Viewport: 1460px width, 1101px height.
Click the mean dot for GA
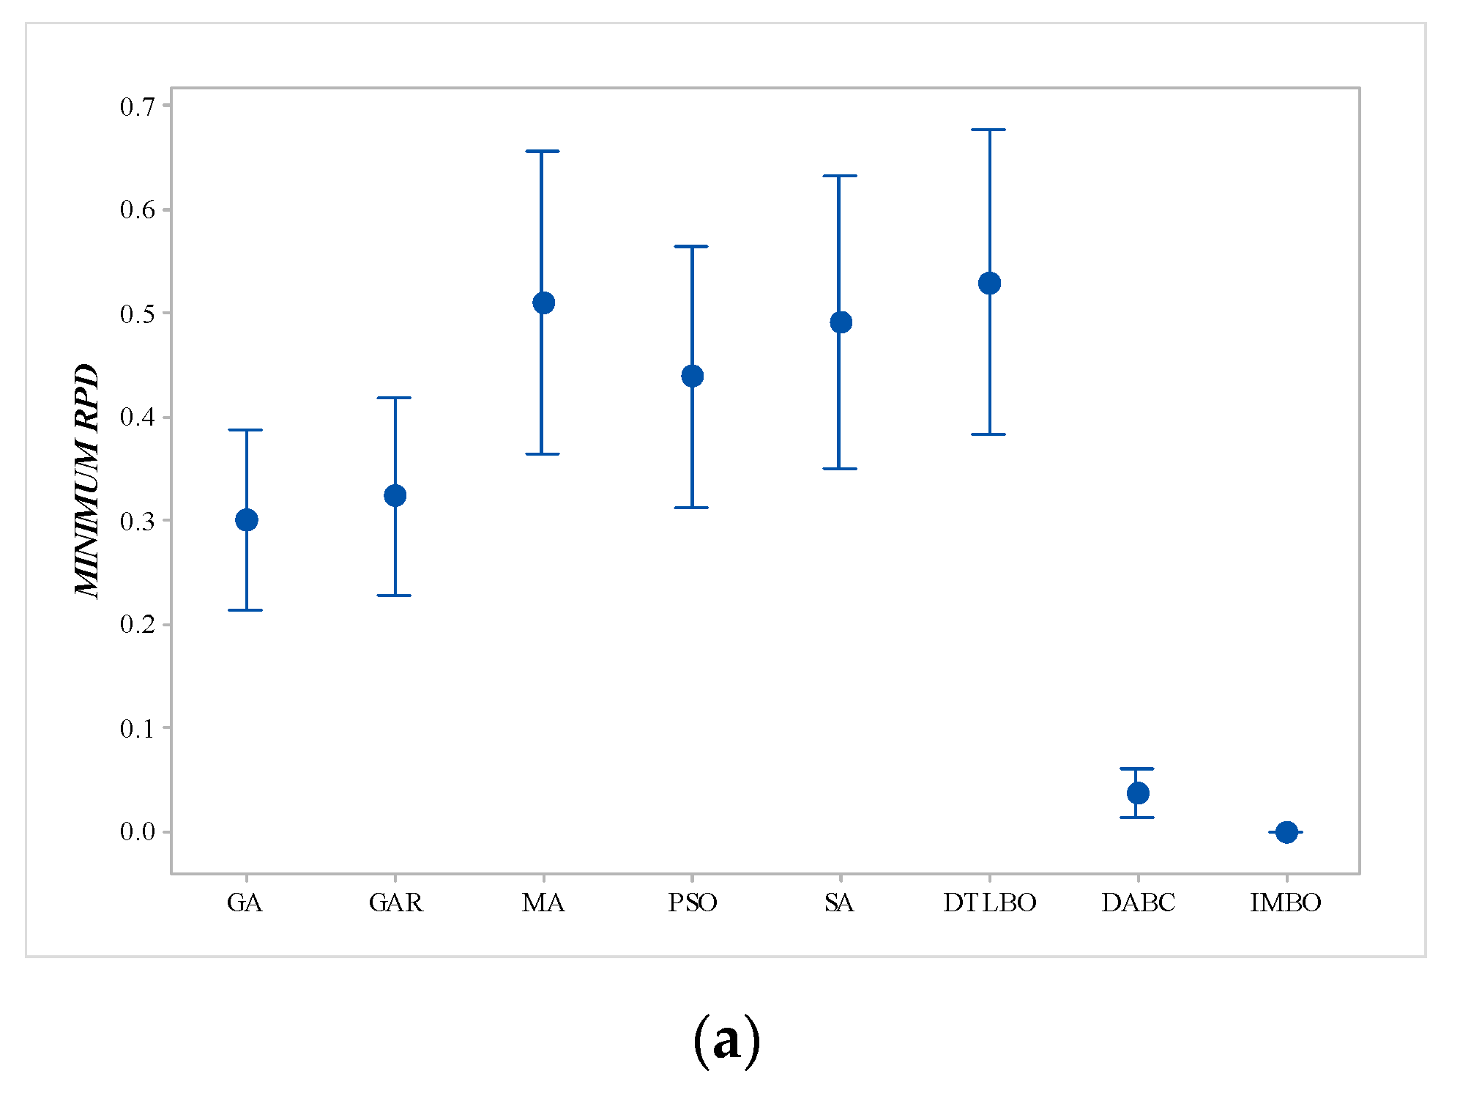coord(247,520)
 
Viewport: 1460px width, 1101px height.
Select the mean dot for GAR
coord(395,496)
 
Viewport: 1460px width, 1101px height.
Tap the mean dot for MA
coord(543,303)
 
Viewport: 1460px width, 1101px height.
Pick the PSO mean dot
coord(692,376)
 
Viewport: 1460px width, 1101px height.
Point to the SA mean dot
coord(841,322)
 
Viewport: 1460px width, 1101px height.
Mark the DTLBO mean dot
coord(989,283)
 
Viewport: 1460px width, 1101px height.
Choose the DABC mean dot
coord(1138,793)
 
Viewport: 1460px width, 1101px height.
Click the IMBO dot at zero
coord(1286,832)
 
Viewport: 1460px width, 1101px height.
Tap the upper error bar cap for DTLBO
coord(989,130)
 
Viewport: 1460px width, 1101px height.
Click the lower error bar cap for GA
coord(246,610)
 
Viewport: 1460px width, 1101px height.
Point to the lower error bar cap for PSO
coord(692,508)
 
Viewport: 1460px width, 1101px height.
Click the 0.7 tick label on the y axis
coord(138,107)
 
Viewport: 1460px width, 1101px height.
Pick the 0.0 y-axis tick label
coord(138,832)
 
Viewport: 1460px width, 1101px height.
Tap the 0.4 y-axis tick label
coord(138,418)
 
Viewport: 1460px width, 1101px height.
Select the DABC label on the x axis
coord(1138,902)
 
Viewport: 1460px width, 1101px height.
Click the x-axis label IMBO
coord(1286,902)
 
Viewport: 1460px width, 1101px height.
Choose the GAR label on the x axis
coord(395,902)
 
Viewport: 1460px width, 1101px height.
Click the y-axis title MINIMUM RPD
coord(86,481)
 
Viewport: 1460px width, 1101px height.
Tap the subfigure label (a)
coord(726,1040)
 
